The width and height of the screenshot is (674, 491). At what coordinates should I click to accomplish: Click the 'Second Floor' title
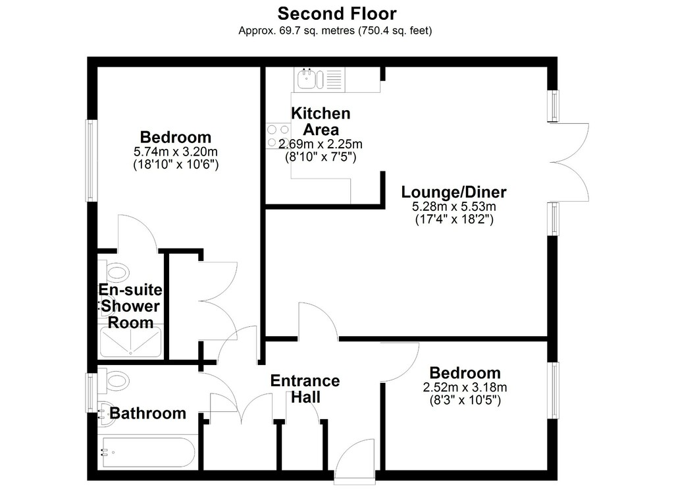(x=337, y=13)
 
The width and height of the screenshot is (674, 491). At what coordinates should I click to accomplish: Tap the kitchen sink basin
(x=307, y=78)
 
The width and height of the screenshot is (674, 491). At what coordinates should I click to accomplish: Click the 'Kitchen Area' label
(x=321, y=121)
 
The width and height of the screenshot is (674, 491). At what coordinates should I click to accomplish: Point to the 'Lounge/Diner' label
(x=454, y=192)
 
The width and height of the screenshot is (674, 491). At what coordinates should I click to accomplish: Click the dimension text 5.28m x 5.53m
(x=454, y=206)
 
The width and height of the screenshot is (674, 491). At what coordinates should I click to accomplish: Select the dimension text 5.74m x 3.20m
(x=175, y=152)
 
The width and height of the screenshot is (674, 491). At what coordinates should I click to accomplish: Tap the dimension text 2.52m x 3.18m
(x=465, y=388)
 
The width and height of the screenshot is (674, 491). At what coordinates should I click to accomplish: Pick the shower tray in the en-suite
(x=130, y=341)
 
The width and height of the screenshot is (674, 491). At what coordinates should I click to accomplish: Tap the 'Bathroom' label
(x=148, y=413)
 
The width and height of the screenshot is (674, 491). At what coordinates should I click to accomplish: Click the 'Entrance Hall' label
(x=305, y=389)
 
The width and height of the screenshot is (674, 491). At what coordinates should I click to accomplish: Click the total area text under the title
(x=335, y=30)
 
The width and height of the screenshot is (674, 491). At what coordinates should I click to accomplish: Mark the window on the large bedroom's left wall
(x=90, y=161)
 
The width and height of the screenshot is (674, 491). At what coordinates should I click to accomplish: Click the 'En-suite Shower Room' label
(x=130, y=306)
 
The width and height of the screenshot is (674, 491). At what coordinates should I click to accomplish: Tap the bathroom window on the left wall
(x=90, y=392)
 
